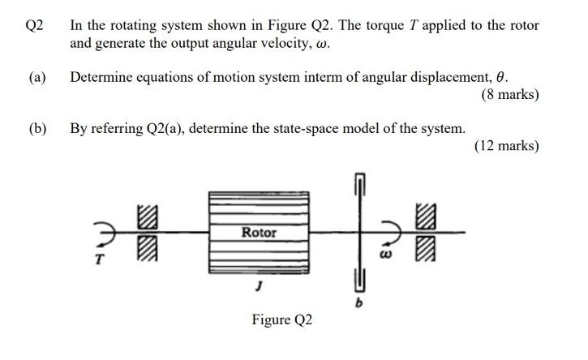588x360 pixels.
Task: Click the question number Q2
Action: tap(34, 25)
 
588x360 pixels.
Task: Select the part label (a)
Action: tap(36, 78)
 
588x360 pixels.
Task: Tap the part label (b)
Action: tap(36, 129)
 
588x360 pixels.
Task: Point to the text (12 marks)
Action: tap(507, 146)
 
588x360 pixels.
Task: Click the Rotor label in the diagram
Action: tap(260, 233)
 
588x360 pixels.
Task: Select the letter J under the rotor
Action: tap(259, 285)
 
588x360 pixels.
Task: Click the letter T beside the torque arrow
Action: tap(100, 260)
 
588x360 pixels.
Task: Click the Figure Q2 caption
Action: tap(281, 319)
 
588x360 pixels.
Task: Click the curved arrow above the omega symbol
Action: tap(388, 234)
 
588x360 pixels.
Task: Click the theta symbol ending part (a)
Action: tap(501, 78)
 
